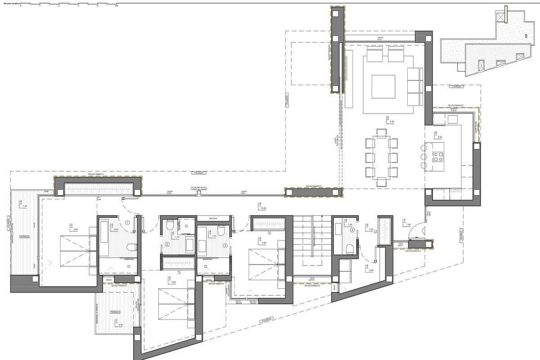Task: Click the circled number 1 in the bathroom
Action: pyautogui.click(x=127, y=222)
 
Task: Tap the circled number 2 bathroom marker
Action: pyautogui.click(x=167, y=244)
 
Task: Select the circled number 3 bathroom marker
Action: pyautogui.click(x=225, y=245)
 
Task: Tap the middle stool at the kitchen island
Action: pyautogui.click(x=423, y=157)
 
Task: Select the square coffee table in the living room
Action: pyautogui.click(x=383, y=86)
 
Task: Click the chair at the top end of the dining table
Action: pyautogui.click(x=382, y=133)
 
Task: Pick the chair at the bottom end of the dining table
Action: pyautogui.click(x=382, y=182)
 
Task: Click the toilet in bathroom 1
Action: pyautogui.click(x=132, y=247)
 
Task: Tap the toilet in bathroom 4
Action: pyautogui.click(x=349, y=248)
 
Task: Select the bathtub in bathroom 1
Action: pyautogui.click(x=103, y=233)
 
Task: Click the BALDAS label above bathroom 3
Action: pyautogui.click(x=213, y=218)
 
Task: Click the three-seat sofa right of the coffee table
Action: pyautogui.click(x=414, y=86)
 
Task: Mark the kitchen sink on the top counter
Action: pyautogui.click(x=452, y=119)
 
